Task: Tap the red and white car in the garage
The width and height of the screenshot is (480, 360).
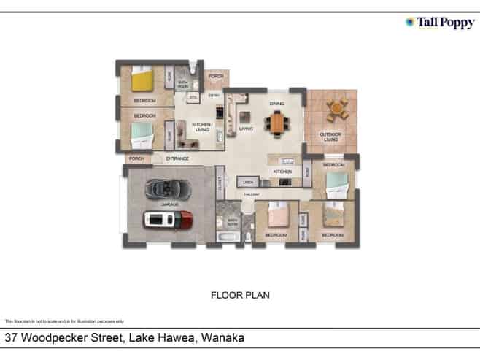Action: pyautogui.click(x=169, y=218)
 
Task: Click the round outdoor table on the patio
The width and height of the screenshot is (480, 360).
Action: pyautogui.click(x=336, y=110)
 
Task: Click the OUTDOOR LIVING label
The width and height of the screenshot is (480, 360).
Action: pyautogui.click(x=331, y=137)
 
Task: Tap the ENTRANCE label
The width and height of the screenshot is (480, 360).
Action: pyautogui.click(x=177, y=159)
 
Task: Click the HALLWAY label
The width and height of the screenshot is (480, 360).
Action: pyautogui.click(x=252, y=194)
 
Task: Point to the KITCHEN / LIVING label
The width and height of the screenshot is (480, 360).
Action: pyautogui.click(x=201, y=127)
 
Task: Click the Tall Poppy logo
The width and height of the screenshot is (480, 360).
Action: pyautogui.click(x=439, y=23)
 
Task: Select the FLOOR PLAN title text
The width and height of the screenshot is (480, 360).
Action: pyautogui.click(x=240, y=296)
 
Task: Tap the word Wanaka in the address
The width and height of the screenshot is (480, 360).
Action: pyautogui.click(x=222, y=338)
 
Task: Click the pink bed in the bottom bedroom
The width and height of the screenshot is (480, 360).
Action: pyautogui.click(x=278, y=215)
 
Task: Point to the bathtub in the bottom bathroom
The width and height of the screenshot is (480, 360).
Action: pyautogui.click(x=226, y=238)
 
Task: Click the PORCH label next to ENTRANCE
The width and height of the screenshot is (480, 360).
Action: pyautogui.click(x=135, y=159)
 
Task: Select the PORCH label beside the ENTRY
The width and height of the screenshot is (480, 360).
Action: pyautogui.click(x=215, y=77)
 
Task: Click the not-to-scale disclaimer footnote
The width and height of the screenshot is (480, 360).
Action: pyautogui.click(x=64, y=321)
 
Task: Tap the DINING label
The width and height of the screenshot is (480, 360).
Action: pyautogui.click(x=276, y=104)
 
